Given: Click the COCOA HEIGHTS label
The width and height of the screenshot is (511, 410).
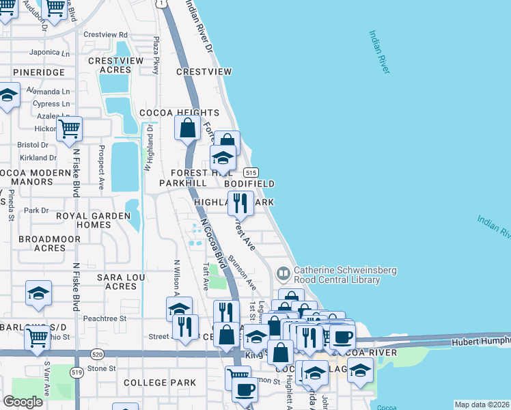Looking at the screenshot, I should click(179, 113).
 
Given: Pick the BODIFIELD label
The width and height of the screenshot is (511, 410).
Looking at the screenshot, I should click(251, 184).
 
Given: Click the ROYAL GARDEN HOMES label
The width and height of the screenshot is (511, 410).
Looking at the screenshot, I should click(93, 220).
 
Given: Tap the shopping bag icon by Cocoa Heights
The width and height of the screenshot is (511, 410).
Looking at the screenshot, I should click(188, 127).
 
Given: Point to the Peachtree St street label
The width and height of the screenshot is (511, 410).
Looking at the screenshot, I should click(105, 318).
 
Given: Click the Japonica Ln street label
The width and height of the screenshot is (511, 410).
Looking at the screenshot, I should click(50, 53).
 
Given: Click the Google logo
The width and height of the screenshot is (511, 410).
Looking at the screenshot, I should click(23, 402).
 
